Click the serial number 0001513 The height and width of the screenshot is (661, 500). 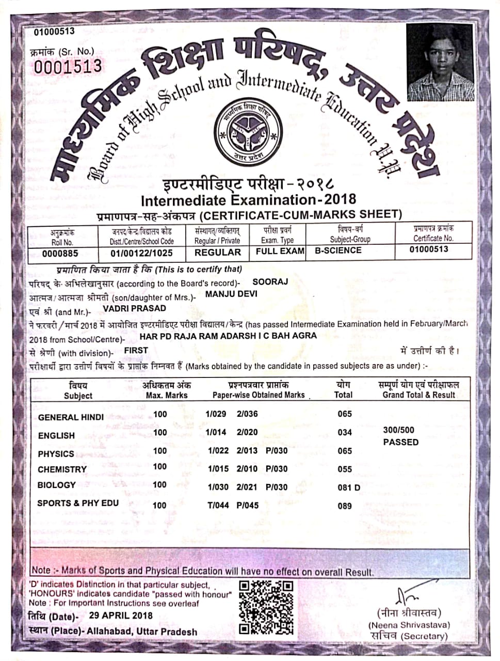coord(68,66)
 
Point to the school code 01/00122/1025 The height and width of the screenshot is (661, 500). coord(141,253)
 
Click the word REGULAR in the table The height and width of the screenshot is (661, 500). coord(217,253)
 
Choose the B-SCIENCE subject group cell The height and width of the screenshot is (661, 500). coord(338,250)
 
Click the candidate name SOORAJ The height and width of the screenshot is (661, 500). coord(270,282)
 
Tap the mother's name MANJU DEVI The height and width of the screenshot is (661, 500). coord(231,294)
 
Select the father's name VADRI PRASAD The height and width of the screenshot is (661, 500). coord(134,308)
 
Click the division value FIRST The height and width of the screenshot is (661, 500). coord(136,350)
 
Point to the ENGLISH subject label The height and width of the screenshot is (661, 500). coord(56,436)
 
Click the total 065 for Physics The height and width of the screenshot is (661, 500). coord(344,451)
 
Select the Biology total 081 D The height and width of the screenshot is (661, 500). coord(349,487)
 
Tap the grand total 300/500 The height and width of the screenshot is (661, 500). coord(398,430)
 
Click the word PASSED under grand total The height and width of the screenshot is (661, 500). coord(400,442)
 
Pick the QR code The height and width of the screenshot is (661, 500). coord(267,607)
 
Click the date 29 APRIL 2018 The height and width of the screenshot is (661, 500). coord(121,615)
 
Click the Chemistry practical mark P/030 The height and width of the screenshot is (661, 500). coord(277,469)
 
